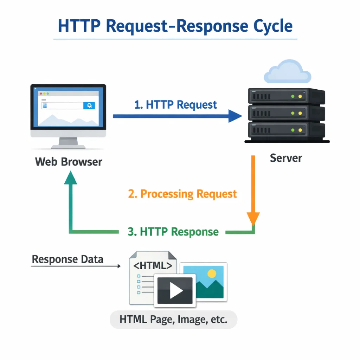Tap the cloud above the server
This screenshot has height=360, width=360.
click(x=287, y=72)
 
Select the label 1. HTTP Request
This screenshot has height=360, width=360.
click(x=176, y=104)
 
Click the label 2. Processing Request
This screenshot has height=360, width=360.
click(x=182, y=194)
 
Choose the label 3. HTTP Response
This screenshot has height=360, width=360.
click(x=173, y=232)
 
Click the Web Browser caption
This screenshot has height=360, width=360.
click(x=69, y=162)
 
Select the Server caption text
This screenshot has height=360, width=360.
click(x=286, y=158)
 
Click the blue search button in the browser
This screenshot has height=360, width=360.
click(x=89, y=105)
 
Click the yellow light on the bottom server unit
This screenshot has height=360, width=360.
click(x=300, y=130)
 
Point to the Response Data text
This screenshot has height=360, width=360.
click(x=67, y=259)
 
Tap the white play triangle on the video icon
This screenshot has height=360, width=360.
click(x=176, y=290)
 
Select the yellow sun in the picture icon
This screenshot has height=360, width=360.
click(x=212, y=273)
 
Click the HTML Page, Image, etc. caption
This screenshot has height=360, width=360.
click(x=173, y=320)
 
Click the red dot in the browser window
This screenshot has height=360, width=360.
click(x=40, y=94)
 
